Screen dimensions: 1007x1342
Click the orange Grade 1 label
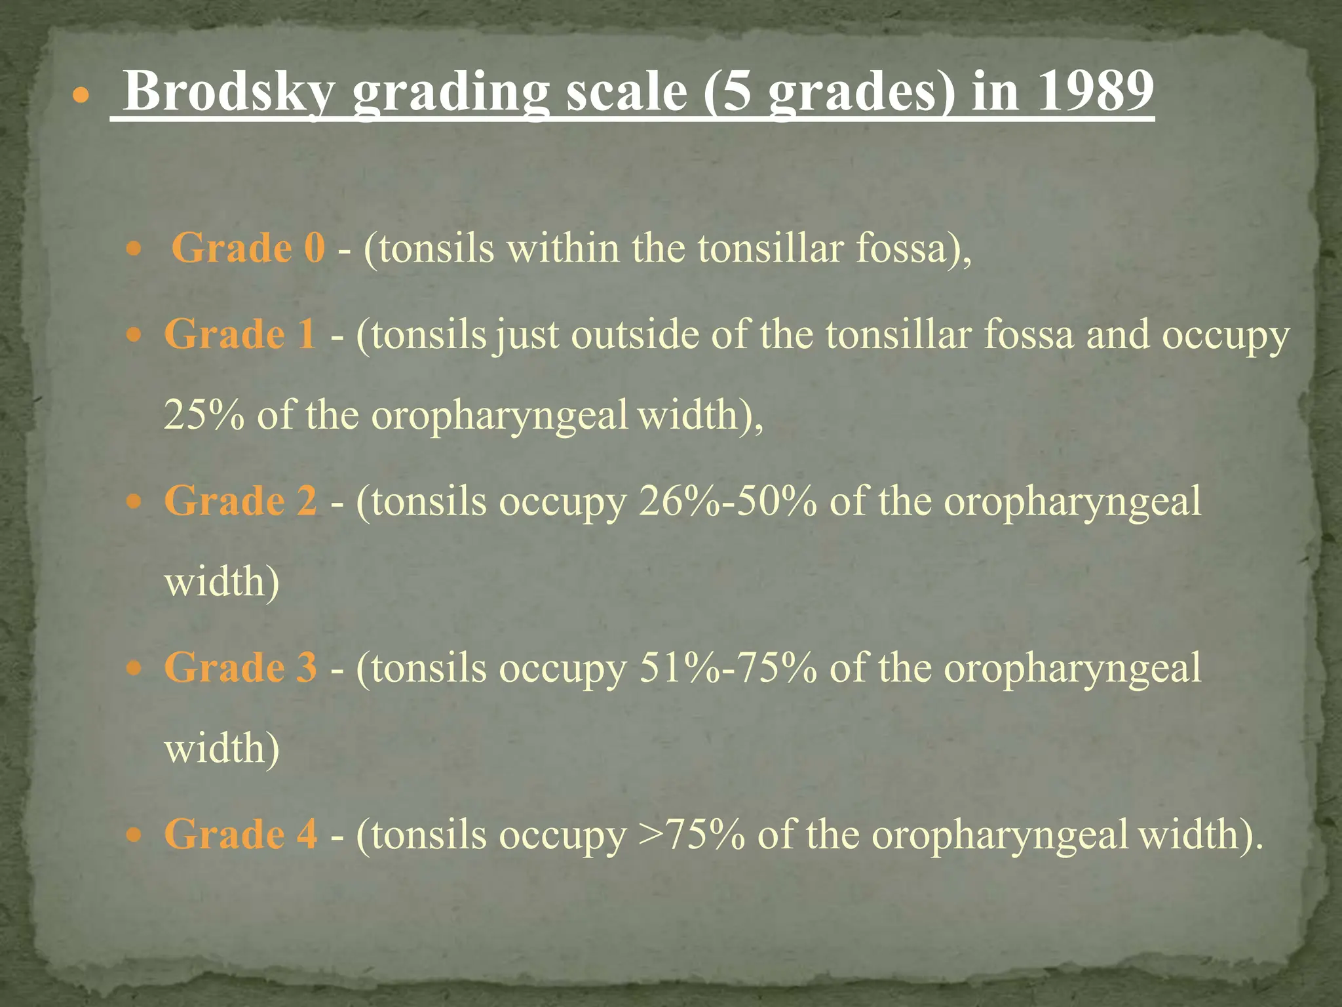pyautogui.click(x=240, y=334)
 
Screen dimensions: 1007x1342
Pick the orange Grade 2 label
pyautogui.click(x=240, y=502)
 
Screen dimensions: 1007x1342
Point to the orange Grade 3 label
pyautogui.click(x=240, y=668)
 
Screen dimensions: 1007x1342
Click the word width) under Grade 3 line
pyautogui.click(x=221, y=749)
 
